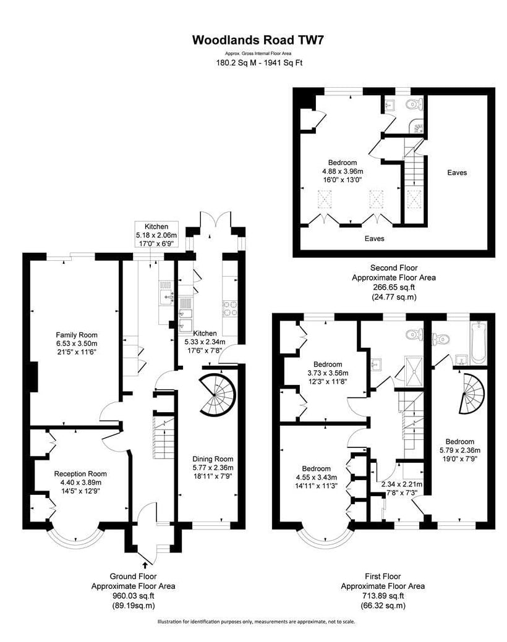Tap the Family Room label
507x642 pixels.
click(77, 335)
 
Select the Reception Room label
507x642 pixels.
click(80, 474)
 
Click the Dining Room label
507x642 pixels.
click(213, 459)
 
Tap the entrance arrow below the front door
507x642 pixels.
click(145, 565)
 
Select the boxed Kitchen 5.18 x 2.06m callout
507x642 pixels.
click(156, 234)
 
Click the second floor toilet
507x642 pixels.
click(414, 105)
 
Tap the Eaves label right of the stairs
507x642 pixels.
click(457, 172)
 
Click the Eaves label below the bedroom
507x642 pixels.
click(374, 239)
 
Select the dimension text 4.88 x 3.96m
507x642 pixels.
click(343, 171)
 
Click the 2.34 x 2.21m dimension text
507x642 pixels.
click(402, 484)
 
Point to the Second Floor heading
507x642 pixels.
click(394, 268)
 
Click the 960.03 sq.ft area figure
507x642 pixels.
click(133, 596)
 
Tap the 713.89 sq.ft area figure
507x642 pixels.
click(383, 596)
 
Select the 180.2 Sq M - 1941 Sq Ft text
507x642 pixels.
click(258, 63)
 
